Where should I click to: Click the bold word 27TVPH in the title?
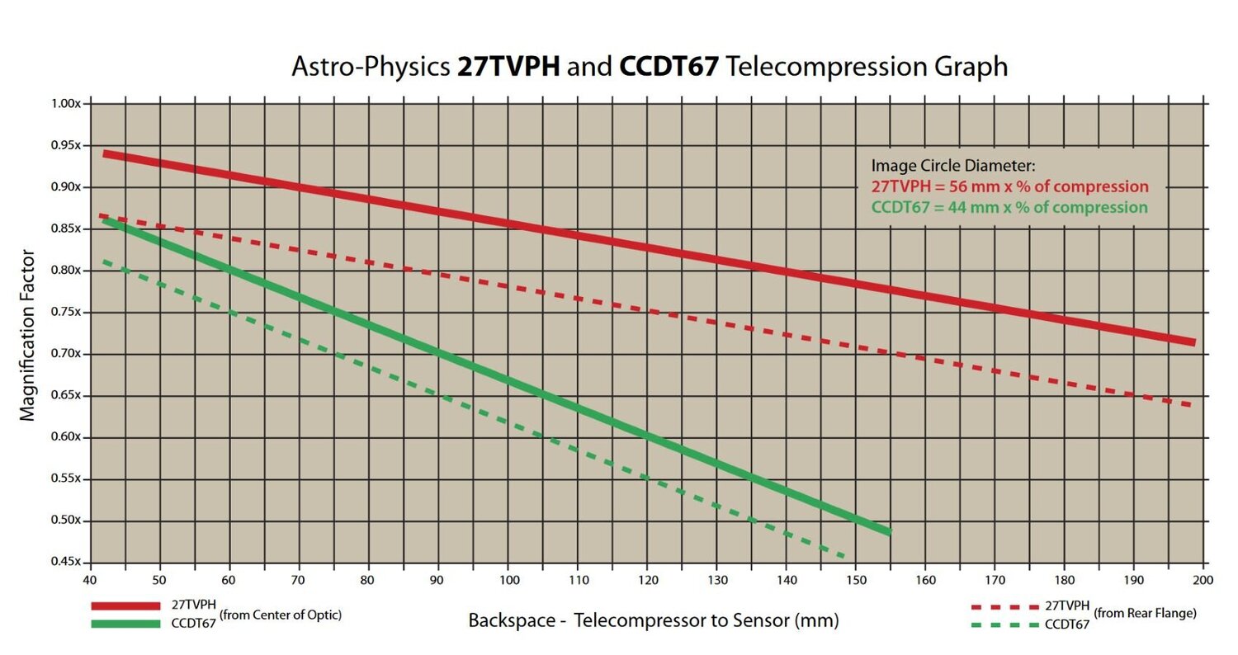[x=508, y=66]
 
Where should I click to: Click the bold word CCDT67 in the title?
[x=668, y=66]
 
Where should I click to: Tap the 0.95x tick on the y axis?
[x=65, y=146]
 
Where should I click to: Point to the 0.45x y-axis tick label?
[x=65, y=563]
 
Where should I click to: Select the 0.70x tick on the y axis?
[x=65, y=354]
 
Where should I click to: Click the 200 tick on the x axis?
[x=1203, y=579]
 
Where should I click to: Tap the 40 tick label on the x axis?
[x=90, y=579]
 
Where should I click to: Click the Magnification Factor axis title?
[x=28, y=335]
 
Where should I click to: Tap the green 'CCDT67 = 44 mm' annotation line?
[x=1009, y=207]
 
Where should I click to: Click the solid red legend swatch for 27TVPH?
[x=125, y=606]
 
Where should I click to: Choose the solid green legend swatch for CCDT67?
[x=125, y=624]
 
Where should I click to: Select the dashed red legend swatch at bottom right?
[x=1004, y=607]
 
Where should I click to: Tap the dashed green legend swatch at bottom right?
[x=1004, y=624]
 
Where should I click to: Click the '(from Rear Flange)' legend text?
[x=1145, y=614]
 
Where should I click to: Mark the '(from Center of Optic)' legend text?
[x=281, y=615]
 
